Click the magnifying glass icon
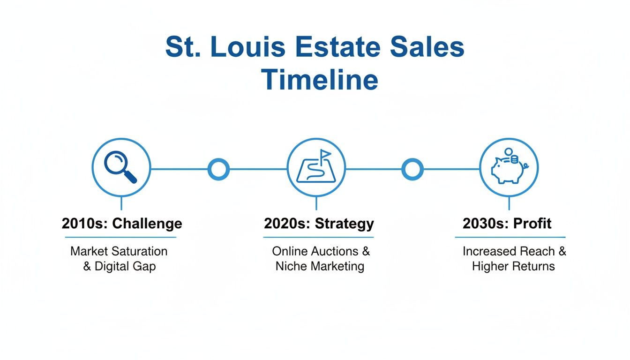pos(120,167)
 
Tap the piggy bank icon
pos(510,166)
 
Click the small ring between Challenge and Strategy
pos(218,169)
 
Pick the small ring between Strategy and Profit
pos(412,169)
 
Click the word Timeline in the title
pos(320,80)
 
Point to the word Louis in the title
pos(248,47)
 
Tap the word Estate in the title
pos(338,47)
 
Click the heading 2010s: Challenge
pos(122,224)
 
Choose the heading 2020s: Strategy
pos(319,224)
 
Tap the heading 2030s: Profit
pos(507,224)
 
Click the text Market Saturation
pos(119,251)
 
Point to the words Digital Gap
pos(125,266)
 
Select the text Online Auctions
pos(315,251)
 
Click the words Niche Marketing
pos(320,266)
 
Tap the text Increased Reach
pos(509,251)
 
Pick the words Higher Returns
pos(513,266)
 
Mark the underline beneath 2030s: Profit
pos(510,237)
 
